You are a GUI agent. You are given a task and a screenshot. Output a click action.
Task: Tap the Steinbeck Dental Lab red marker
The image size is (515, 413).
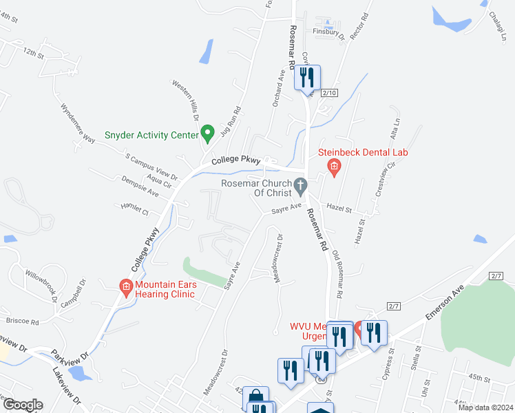tap(334, 166)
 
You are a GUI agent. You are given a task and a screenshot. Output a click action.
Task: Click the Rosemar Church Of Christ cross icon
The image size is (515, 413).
tap(299, 184)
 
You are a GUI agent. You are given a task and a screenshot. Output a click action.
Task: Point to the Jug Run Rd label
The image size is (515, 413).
tap(229, 120)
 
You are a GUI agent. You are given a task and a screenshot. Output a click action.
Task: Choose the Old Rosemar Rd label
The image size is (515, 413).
tap(337, 273)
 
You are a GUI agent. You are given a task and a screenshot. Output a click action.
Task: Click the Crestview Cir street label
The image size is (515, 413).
tap(383, 176)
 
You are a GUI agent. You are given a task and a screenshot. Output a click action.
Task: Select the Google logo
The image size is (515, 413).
tap(22, 405)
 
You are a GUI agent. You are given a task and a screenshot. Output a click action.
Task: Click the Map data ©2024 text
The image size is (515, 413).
tap(485, 407)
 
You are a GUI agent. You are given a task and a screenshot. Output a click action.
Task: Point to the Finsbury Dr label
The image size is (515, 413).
tap(327, 32)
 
